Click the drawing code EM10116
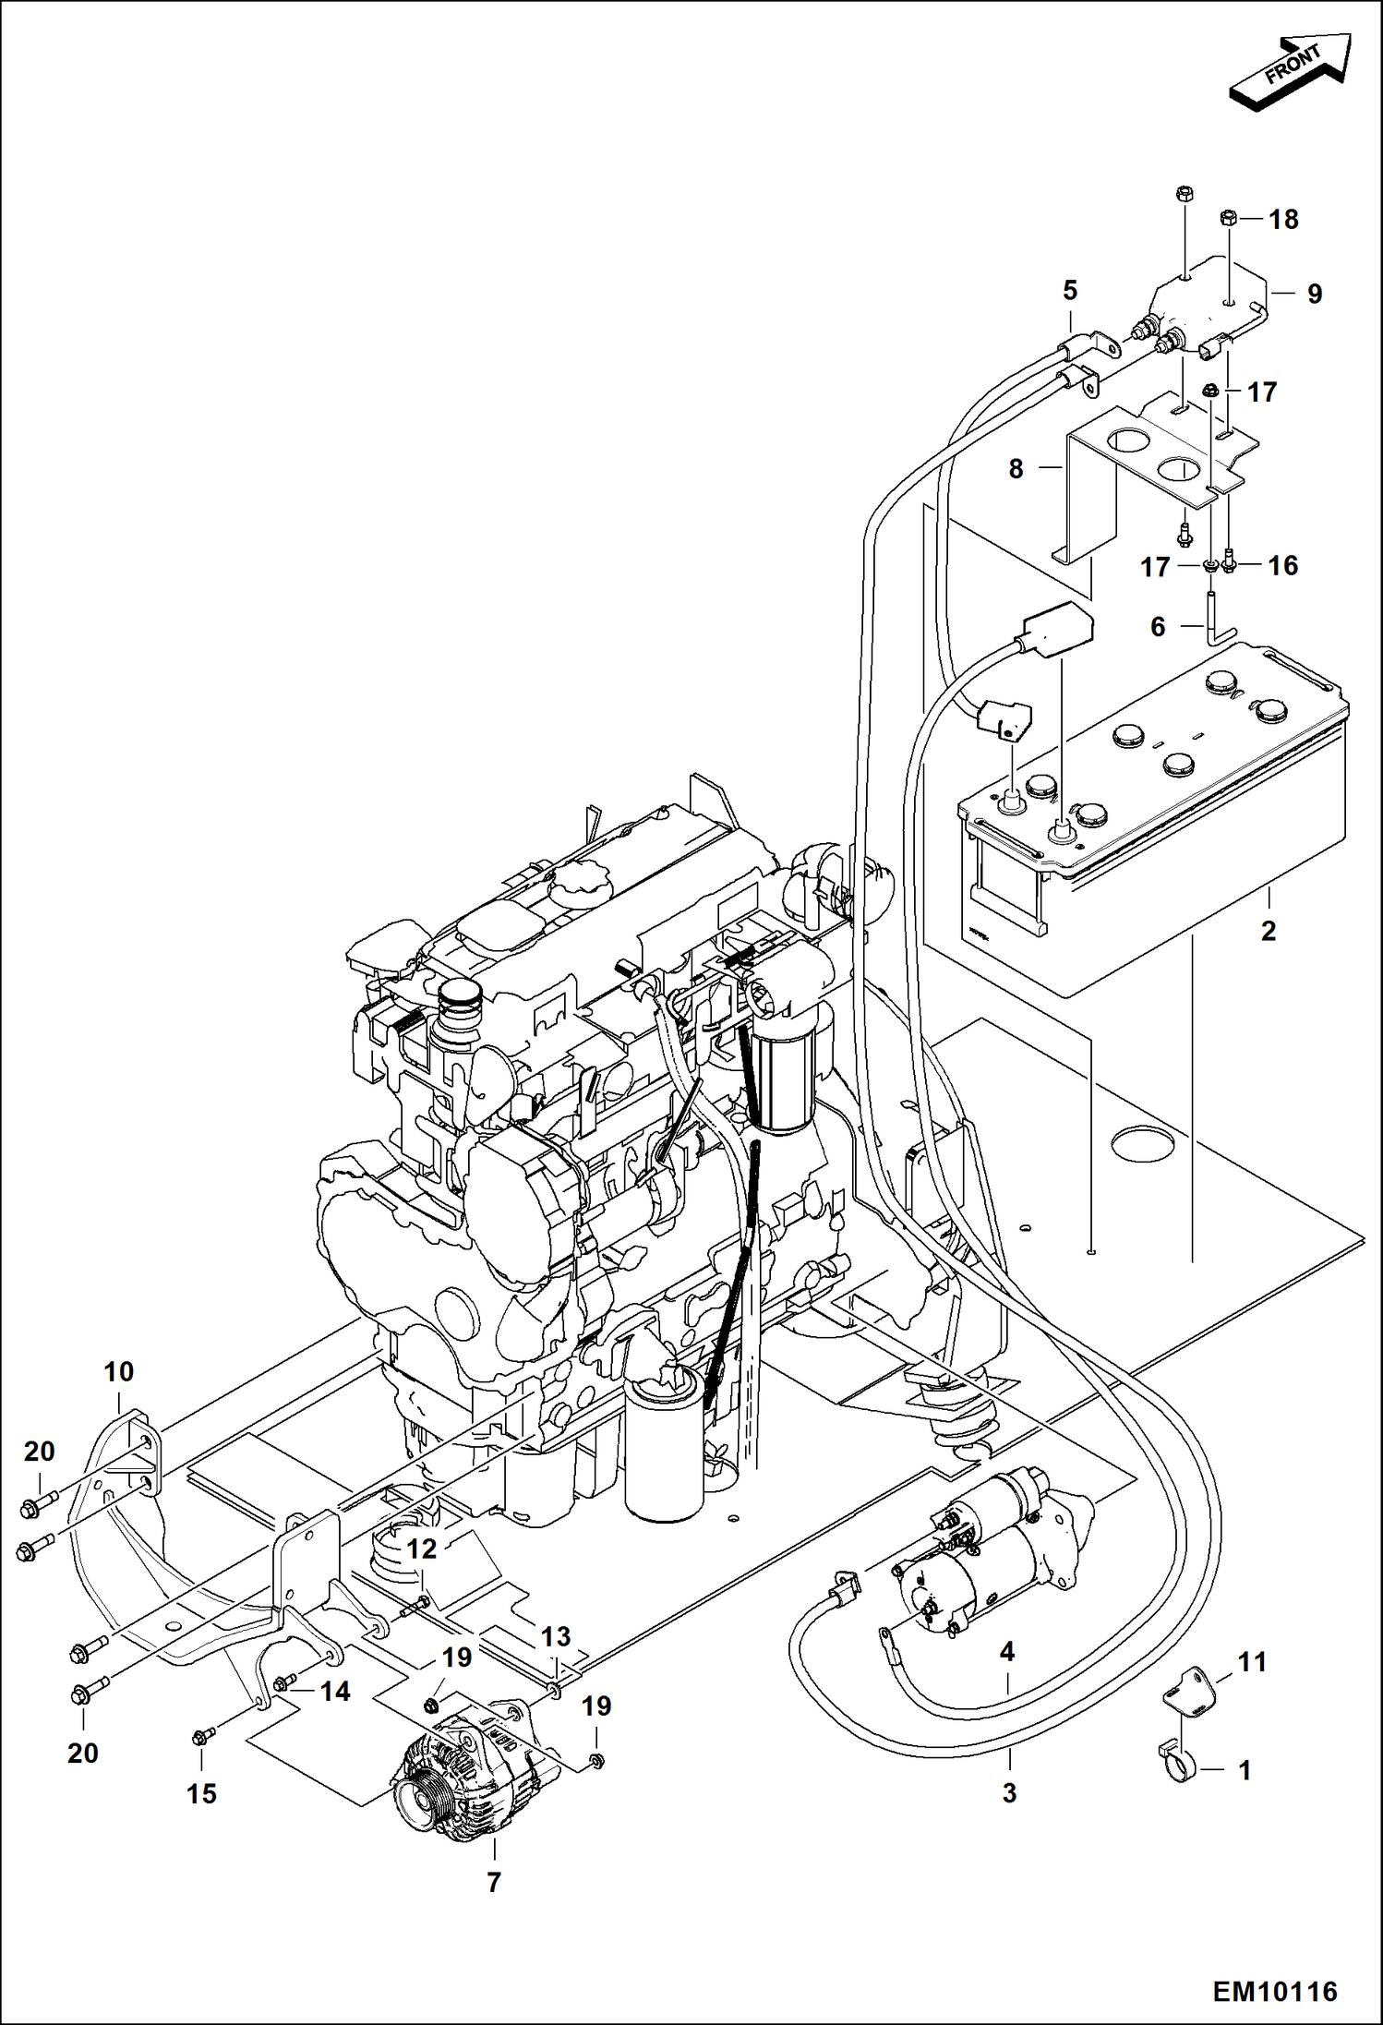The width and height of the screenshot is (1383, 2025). click(1274, 1991)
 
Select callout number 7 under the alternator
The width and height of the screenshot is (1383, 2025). click(494, 1882)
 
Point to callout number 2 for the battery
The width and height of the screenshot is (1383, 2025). click(1268, 931)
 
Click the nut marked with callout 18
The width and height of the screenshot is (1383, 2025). click(1229, 219)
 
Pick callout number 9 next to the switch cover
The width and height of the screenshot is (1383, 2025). click(1315, 294)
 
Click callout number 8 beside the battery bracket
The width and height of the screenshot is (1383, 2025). click(1016, 469)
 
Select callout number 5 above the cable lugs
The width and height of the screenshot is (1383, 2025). click(1070, 291)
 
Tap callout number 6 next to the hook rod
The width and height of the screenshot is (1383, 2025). click(1158, 627)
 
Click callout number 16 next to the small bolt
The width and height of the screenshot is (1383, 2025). click(1283, 565)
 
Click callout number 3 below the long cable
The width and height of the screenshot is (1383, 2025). click(1009, 1792)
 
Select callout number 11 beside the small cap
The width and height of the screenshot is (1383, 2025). click(1252, 1662)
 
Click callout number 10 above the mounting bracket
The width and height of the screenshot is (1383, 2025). click(118, 1372)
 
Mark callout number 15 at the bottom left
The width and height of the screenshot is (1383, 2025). click(201, 1794)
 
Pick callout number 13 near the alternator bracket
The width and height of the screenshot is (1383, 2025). click(555, 1637)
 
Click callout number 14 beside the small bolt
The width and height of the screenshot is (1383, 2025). click(335, 1692)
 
